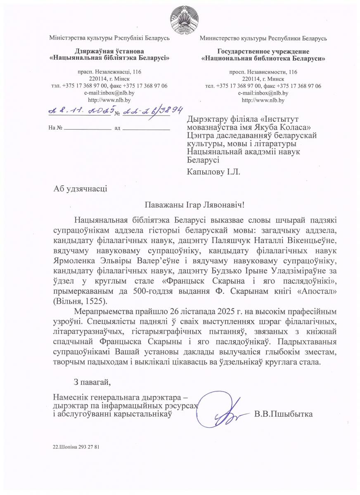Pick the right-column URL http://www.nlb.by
(263, 100)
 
